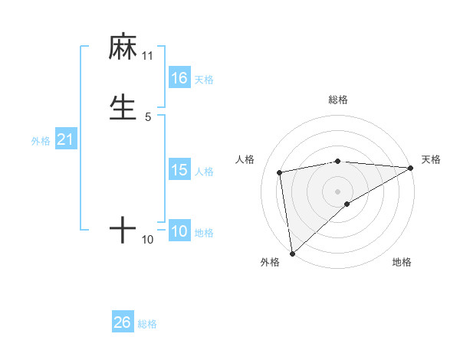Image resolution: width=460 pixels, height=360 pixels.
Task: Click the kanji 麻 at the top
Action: point(123,47)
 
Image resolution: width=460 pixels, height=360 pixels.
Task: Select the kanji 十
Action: point(123,230)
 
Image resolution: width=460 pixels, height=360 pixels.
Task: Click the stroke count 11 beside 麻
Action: point(147,56)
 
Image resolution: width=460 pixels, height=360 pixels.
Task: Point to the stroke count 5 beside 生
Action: point(147,117)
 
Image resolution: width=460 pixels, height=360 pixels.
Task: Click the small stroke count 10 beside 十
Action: point(147,240)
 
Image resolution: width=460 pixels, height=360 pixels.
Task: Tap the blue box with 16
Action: point(179,78)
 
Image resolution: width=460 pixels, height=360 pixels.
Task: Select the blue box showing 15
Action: point(179,170)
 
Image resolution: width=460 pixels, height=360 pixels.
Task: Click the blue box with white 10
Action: point(179,231)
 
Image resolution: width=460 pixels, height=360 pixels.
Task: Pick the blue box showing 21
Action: point(65,139)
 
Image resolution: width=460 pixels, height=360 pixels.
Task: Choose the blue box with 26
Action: point(122,322)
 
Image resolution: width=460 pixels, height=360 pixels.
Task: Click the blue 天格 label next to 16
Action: point(204,79)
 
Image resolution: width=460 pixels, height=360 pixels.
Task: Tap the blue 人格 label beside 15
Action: point(204,172)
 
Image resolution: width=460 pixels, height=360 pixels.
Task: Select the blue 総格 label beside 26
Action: point(147,324)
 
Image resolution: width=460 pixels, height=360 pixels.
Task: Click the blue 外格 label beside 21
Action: point(40,141)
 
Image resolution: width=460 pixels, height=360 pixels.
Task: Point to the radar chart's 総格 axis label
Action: point(338,100)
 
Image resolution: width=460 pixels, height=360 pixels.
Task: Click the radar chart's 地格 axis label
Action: point(402,262)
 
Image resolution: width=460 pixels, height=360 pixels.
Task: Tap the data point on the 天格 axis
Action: point(410,168)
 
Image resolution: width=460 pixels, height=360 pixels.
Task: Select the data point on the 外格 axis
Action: point(292,253)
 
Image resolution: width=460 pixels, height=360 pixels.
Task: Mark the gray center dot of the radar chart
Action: point(338,190)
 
